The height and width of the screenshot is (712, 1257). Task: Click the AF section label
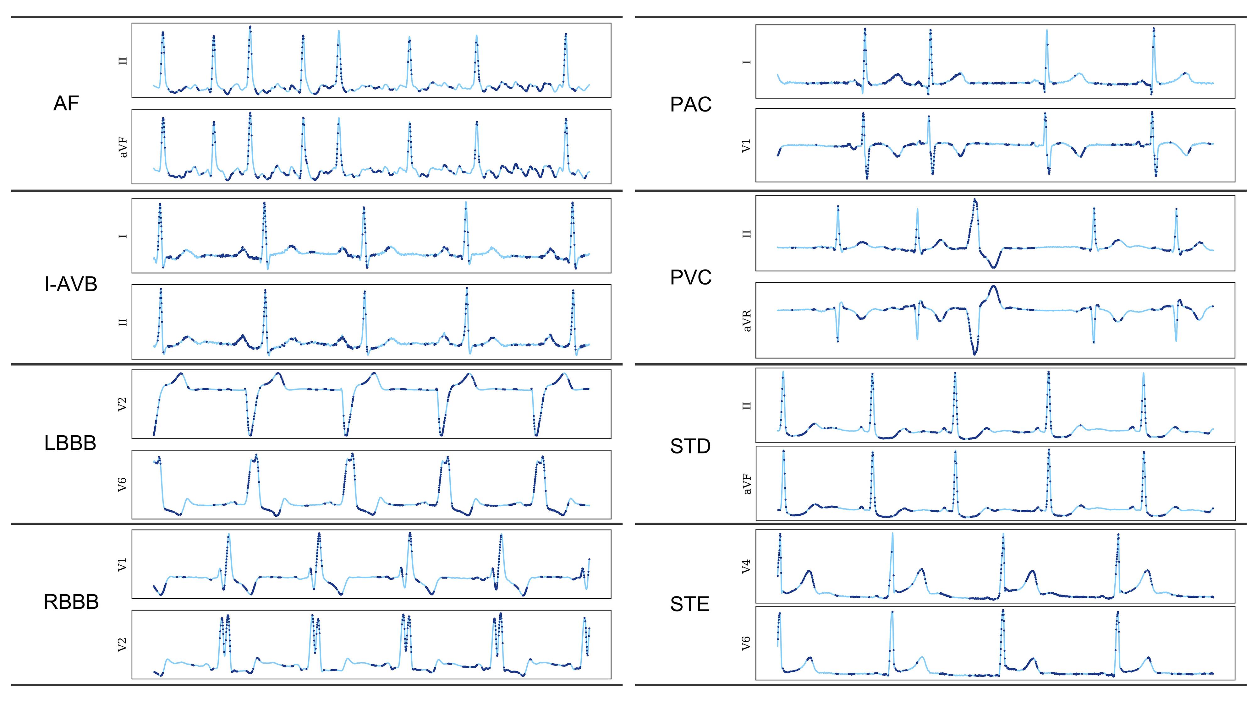66,104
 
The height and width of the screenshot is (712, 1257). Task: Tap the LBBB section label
70,443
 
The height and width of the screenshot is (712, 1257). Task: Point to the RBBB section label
71,602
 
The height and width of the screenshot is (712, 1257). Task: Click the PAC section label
690,105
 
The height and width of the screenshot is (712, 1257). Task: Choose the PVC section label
690,278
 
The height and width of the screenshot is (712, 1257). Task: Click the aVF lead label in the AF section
123,147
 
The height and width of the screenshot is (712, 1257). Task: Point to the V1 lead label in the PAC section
746,145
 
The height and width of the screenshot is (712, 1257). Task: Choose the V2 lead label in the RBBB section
122,644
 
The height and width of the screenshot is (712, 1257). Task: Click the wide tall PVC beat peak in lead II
975,200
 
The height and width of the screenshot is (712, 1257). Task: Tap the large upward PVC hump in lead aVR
993,289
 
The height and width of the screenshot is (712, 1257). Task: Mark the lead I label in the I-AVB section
123,236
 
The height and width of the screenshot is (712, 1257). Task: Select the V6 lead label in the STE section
746,643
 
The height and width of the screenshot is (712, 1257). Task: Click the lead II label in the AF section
123,61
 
